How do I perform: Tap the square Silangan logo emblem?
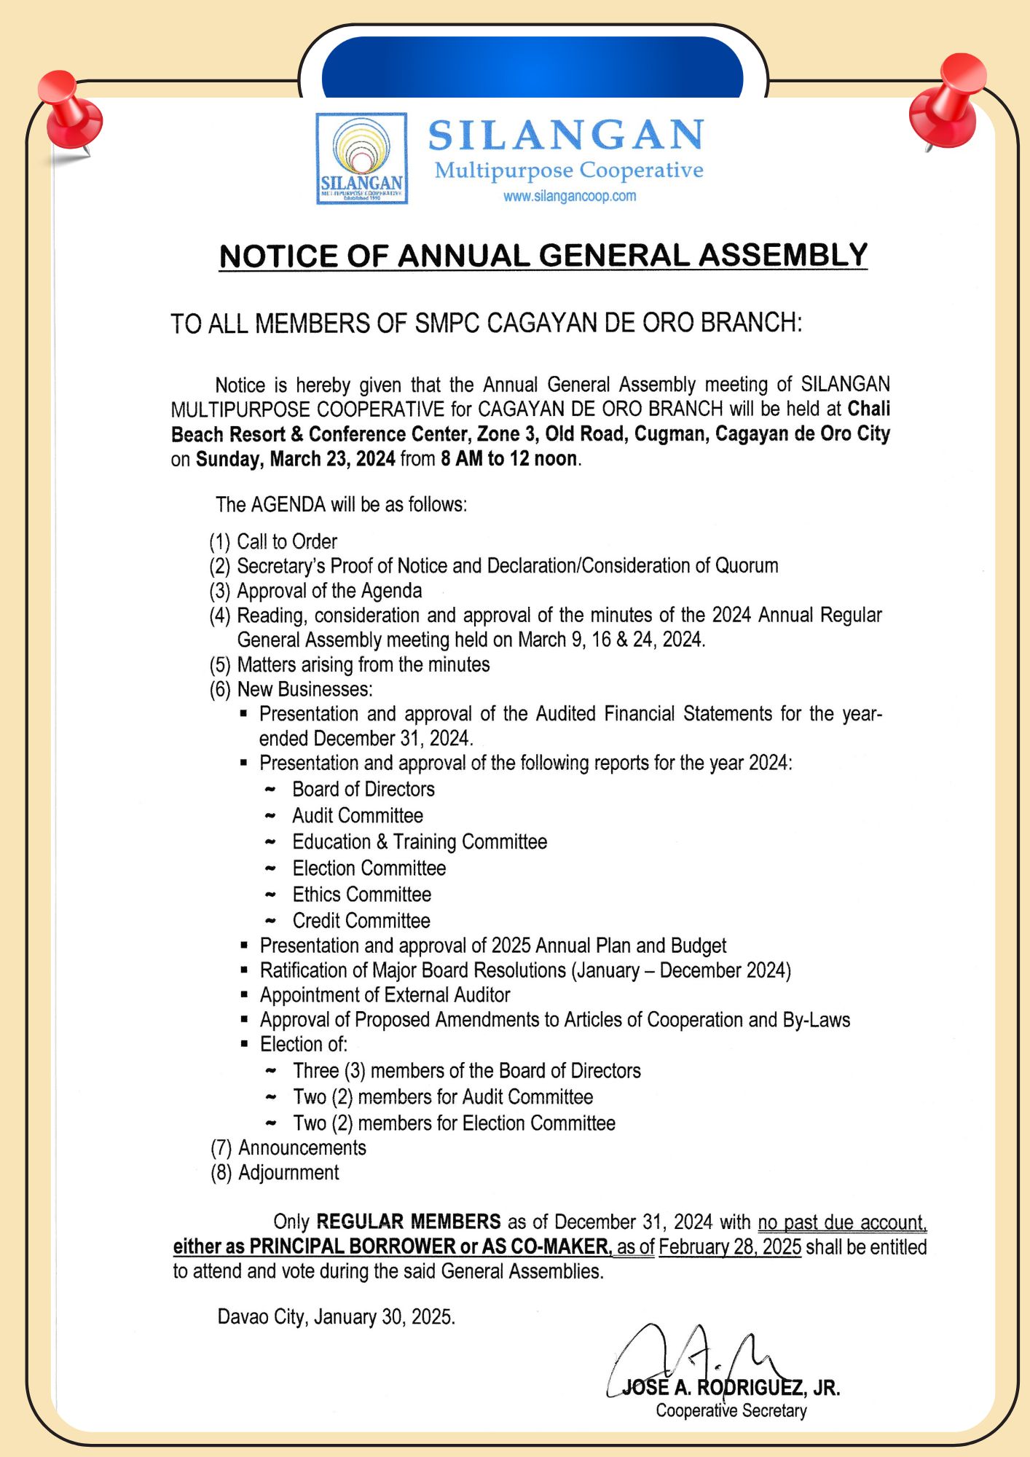pos(361,158)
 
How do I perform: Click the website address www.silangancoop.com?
pos(570,196)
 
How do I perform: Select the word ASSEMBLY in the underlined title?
pos(783,255)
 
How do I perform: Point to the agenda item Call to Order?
pos(286,541)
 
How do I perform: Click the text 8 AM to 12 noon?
pos(509,458)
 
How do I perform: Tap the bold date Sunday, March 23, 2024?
pos(296,458)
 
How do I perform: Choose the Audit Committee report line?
pos(357,815)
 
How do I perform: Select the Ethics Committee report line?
pos(361,894)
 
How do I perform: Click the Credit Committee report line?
pos(361,920)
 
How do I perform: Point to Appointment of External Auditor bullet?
pos(385,994)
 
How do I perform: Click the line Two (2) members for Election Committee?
pos(454,1123)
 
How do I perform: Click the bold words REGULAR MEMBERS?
pos(409,1221)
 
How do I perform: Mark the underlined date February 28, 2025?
pos(730,1246)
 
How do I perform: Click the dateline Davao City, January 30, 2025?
pos(336,1316)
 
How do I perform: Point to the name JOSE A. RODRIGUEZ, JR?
pos(731,1387)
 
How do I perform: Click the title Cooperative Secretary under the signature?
pos(731,1410)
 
